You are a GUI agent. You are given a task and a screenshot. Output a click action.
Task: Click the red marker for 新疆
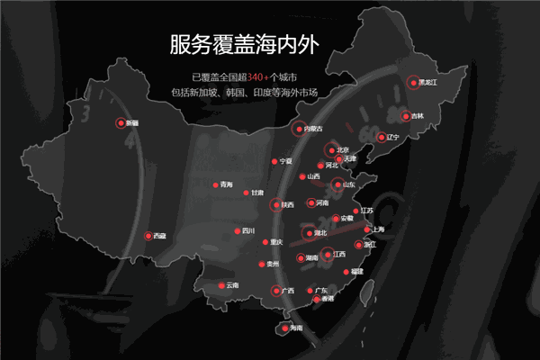pyautogui.click(x=120, y=123)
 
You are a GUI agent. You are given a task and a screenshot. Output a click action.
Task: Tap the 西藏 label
pyautogui.click(x=159, y=236)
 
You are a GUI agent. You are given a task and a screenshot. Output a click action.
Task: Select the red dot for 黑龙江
pyautogui.click(x=414, y=82)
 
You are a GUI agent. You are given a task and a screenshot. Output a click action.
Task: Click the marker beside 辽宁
pyautogui.click(x=381, y=138)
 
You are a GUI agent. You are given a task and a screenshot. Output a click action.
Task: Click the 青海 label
pyautogui.click(x=226, y=185)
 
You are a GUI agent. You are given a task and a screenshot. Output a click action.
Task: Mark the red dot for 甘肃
pyautogui.click(x=246, y=193)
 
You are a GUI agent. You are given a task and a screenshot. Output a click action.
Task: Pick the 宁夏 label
pyautogui.click(x=287, y=161)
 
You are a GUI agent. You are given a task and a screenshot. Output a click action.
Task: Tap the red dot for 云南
pyautogui.click(x=221, y=286)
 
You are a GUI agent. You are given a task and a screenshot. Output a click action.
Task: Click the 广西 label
pyautogui.click(x=288, y=291)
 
